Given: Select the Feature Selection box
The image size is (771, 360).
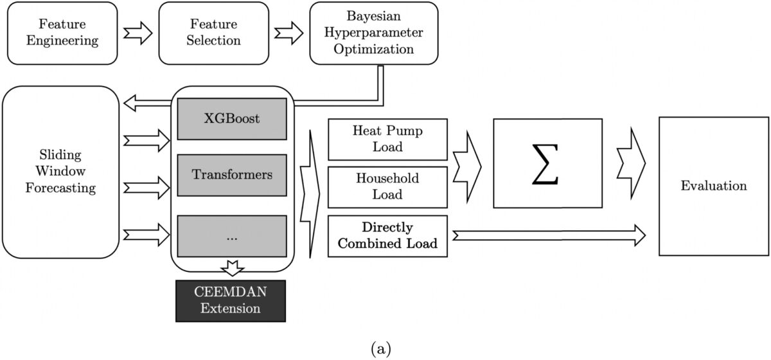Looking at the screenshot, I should [x=214, y=33].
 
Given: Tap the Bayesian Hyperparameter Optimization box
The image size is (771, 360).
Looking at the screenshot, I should [x=373, y=33].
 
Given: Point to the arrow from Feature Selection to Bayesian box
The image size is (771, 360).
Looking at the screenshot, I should [x=289, y=33].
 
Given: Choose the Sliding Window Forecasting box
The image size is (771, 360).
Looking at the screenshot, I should [x=61, y=172].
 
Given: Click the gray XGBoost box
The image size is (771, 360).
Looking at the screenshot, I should [x=232, y=119].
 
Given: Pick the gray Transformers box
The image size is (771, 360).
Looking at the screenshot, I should [x=232, y=174].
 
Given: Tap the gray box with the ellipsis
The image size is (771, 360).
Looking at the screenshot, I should [x=232, y=237].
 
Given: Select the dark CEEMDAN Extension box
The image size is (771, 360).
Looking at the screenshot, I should [x=231, y=300].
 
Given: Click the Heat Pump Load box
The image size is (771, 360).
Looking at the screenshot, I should [x=387, y=139].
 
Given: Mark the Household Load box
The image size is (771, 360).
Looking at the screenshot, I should [x=387, y=186].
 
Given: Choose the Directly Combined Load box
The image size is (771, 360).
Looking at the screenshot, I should [x=387, y=236].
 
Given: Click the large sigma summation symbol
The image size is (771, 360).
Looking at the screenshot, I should [x=547, y=164].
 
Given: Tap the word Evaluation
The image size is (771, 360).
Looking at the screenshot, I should [x=714, y=186].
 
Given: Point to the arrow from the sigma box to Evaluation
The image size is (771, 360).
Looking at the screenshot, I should [x=630, y=164].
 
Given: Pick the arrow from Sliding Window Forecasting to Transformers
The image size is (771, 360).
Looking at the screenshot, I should [x=146, y=187].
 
